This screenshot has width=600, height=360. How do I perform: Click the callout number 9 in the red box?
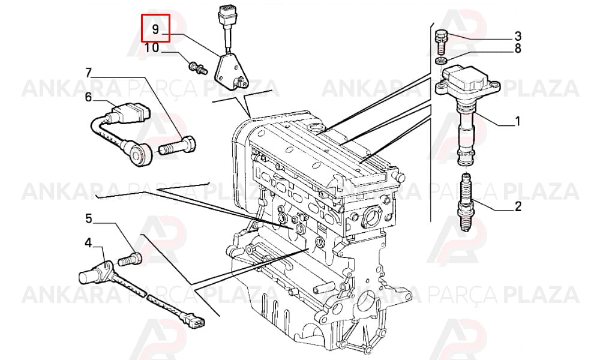(x=155, y=29)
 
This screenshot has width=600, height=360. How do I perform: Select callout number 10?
(x=152, y=48)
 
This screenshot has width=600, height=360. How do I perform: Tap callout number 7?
(x=88, y=73)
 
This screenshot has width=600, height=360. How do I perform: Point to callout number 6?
(x=88, y=97)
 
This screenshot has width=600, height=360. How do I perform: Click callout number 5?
(x=88, y=218)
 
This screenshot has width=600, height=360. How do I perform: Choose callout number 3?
(x=517, y=37)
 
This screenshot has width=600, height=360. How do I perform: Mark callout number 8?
(x=517, y=49)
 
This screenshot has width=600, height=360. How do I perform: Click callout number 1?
(x=517, y=122)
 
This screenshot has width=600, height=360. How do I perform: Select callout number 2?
(x=518, y=206)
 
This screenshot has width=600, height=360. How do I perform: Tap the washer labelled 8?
(x=442, y=61)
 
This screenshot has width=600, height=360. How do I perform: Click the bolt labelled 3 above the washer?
(x=441, y=41)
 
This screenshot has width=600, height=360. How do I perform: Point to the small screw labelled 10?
(x=197, y=68)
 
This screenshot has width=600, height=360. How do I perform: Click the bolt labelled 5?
(x=130, y=259)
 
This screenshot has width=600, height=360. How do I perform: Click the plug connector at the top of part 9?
(x=226, y=16)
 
